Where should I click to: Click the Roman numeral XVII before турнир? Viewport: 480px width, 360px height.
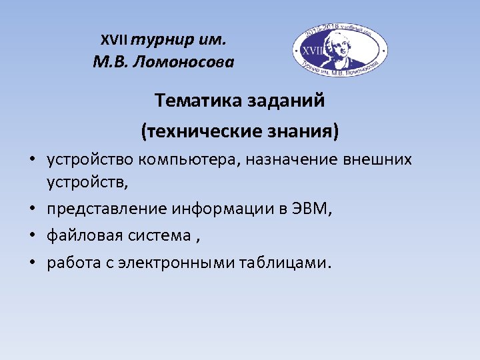click(x=115, y=40)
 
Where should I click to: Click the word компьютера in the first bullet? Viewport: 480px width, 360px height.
click(x=184, y=161)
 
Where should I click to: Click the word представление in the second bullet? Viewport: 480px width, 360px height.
click(x=107, y=209)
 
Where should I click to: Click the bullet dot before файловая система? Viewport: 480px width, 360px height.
click(x=32, y=236)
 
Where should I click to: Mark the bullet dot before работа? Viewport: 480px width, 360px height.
click(x=32, y=263)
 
